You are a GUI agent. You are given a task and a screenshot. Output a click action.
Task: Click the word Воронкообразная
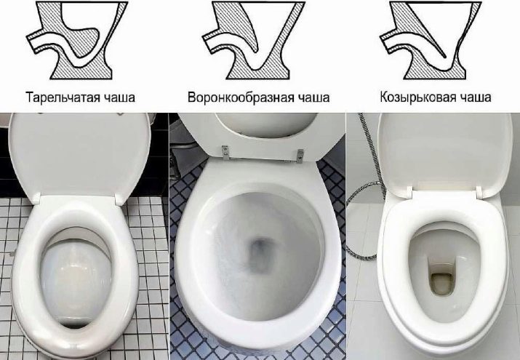[x=241, y=97]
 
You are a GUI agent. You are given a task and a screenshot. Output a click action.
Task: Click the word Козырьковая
[x=417, y=97]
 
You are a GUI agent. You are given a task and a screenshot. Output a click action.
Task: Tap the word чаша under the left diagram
[x=119, y=98]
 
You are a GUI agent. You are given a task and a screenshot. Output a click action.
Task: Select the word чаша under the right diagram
[x=475, y=98]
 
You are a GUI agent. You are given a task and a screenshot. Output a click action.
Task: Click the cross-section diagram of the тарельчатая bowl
[x=77, y=41]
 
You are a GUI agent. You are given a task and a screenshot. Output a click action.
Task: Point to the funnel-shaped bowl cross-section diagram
[x=254, y=41]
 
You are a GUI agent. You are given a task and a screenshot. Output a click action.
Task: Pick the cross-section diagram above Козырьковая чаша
[x=431, y=41]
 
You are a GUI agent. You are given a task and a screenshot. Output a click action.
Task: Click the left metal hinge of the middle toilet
[x=225, y=152]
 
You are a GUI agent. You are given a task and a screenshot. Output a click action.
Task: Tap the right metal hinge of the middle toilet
[x=300, y=156]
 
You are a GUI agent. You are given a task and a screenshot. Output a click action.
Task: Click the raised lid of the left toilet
[x=79, y=156]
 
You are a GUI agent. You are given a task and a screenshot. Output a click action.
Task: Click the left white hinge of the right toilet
[x=408, y=193]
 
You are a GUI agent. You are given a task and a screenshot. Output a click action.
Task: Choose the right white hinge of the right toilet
[x=479, y=193]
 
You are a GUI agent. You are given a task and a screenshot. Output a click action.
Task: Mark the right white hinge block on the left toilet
[x=119, y=199]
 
